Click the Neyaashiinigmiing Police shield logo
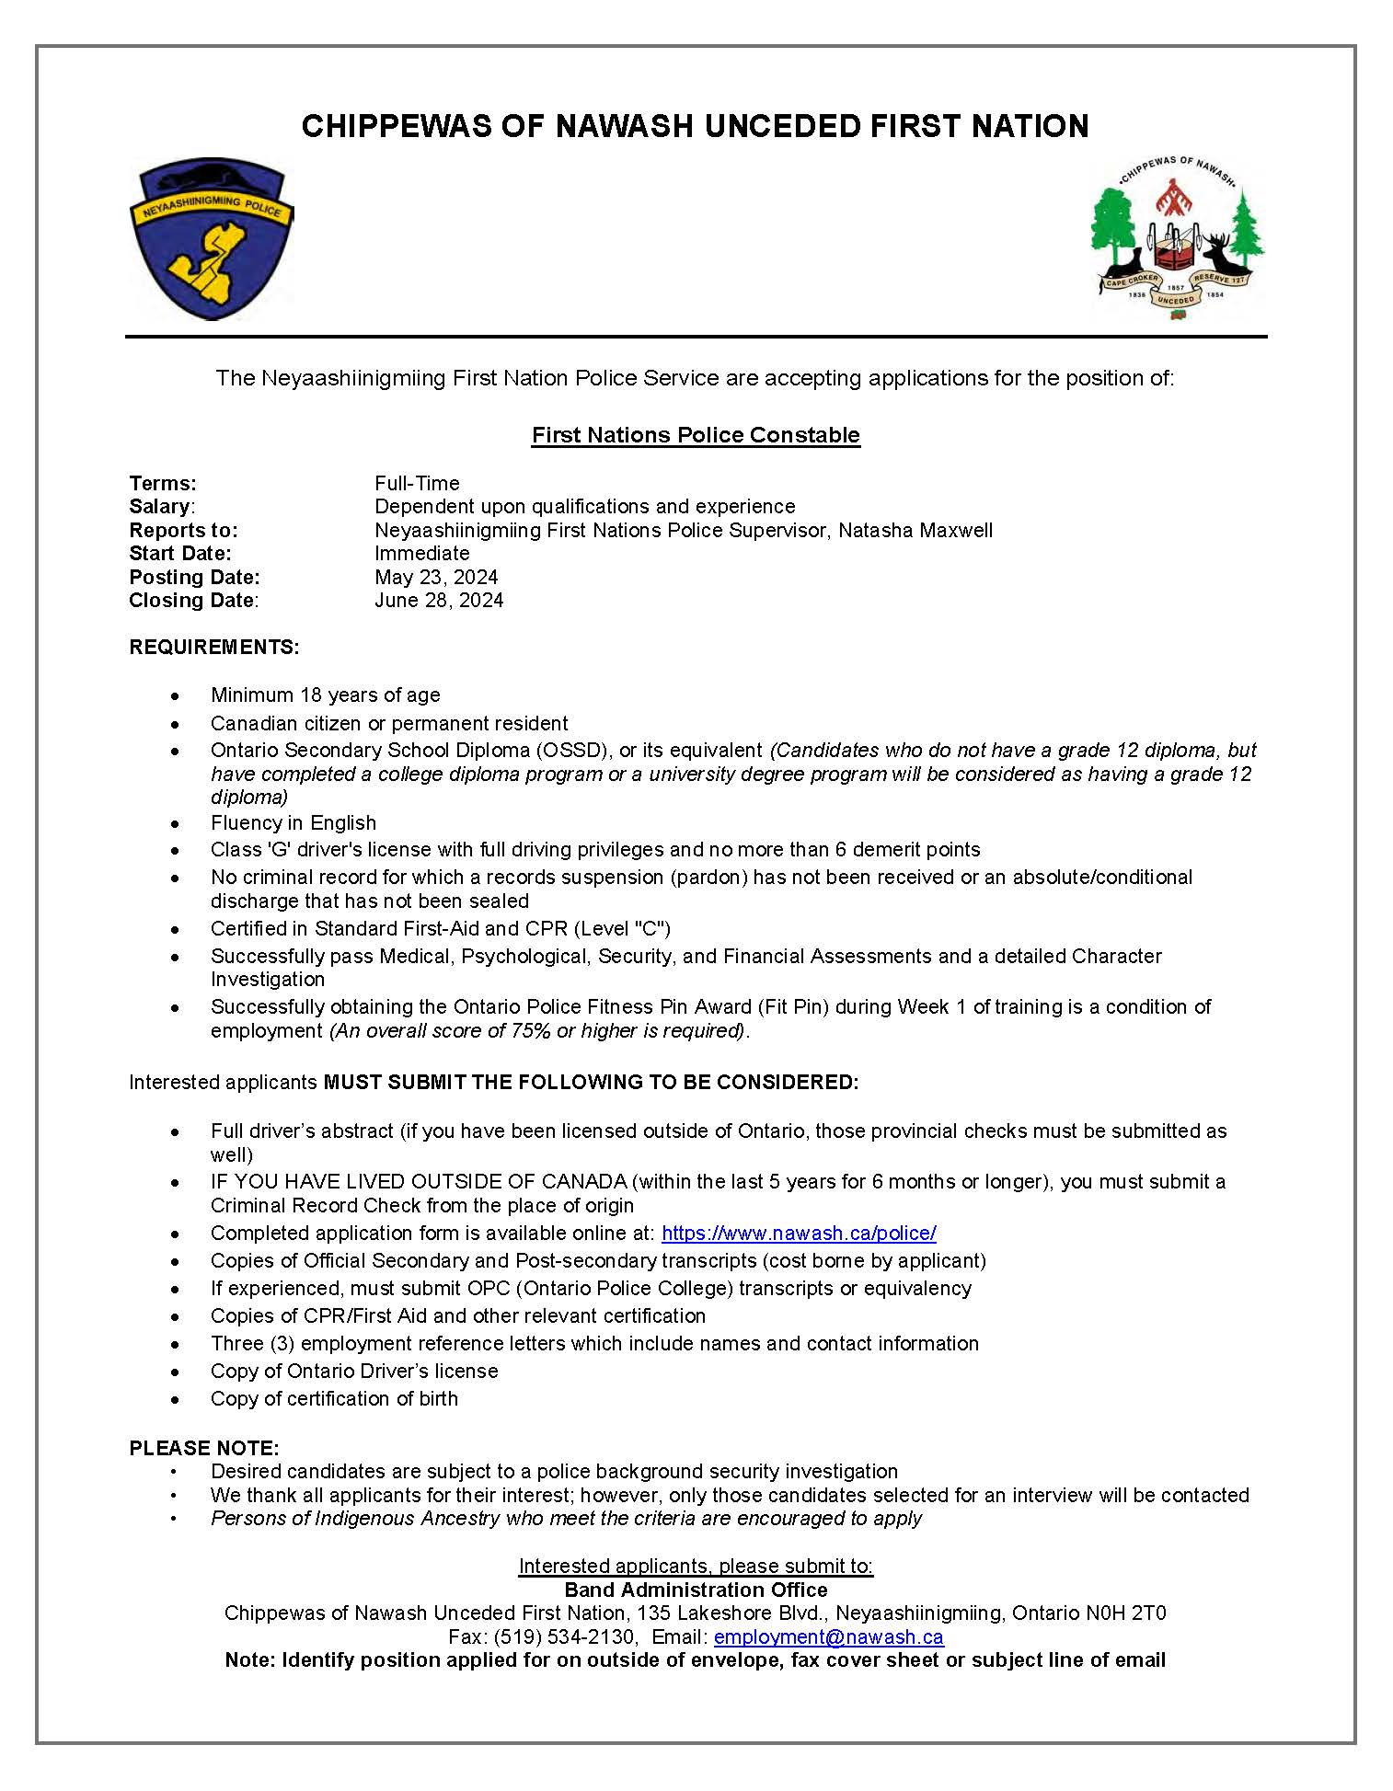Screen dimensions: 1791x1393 (212, 239)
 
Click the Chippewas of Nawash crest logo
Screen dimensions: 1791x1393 (1177, 238)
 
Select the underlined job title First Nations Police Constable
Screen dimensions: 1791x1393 (696, 435)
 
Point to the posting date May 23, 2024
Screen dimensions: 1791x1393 (436, 577)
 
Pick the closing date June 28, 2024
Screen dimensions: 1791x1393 (439, 601)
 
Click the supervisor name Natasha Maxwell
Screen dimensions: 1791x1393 (915, 531)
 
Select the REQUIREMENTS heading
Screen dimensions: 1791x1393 (213, 648)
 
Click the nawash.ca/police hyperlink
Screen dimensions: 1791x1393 (799, 1234)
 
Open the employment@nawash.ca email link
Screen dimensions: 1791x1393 (828, 1637)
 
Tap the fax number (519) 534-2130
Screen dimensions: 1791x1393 (564, 1637)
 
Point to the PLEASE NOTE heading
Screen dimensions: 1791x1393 (203, 1448)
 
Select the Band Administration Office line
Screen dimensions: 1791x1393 (696, 1590)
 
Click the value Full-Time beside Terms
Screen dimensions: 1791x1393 (417, 484)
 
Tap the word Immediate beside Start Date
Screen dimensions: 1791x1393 (421, 554)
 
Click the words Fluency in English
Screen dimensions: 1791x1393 (294, 823)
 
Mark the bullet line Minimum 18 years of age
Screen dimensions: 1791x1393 (325, 695)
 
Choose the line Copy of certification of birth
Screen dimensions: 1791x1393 (334, 1399)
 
